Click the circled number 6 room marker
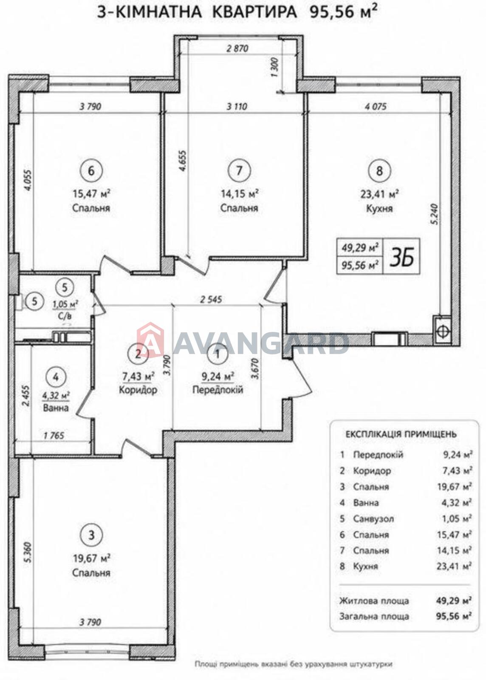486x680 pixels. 91,170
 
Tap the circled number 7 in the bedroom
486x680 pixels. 239,170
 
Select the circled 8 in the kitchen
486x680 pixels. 379,171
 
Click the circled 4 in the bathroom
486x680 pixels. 56,377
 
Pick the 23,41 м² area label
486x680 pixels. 379,194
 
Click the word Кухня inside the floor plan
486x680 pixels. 379,209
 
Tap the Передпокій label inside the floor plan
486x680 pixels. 218,390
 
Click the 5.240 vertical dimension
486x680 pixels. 435,214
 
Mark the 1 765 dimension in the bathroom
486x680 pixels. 54,436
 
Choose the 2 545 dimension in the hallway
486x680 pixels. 211,299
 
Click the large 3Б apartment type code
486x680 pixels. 401,257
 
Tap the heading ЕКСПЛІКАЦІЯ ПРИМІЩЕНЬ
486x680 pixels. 401,434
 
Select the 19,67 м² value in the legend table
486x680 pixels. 454,487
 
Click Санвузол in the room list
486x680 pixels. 373,519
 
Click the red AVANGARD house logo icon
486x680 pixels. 150,338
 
